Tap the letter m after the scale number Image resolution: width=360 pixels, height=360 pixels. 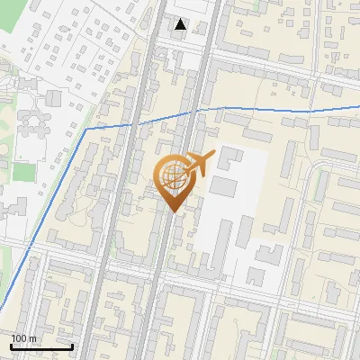[x=32, y=338]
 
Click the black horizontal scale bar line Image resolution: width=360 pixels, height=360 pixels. [x=41, y=346]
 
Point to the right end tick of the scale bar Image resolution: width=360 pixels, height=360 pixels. [x=72, y=346]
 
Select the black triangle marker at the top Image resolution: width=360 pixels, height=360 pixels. [x=181, y=24]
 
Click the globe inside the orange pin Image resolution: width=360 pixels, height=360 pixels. [x=173, y=177]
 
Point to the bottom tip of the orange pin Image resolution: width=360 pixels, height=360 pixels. [x=173, y=212]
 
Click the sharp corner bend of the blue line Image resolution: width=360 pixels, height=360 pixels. [x=87, y=129]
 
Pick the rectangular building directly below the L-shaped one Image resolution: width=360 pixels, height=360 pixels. [x=223, y=186]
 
